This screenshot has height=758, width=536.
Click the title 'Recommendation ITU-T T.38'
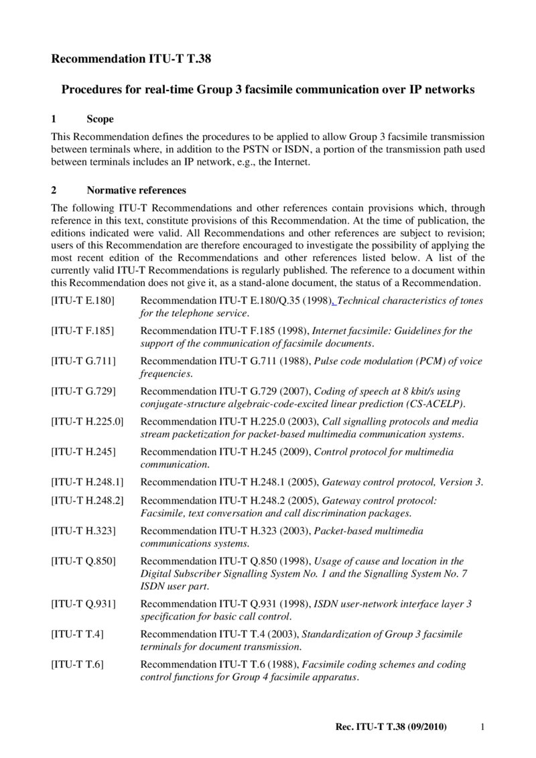tap(131, 59)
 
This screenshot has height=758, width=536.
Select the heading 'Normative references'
tap(136, 190)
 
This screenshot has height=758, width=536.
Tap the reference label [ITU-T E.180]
tap(83, 301)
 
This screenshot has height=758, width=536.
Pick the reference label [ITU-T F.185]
tap(83, 331)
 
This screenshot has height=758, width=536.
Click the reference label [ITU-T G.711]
tap(84, 361)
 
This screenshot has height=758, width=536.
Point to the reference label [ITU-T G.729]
tap(84, 391)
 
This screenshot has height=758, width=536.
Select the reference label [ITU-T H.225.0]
tap(88, 421)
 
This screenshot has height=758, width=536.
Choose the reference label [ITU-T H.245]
tap(84, 452)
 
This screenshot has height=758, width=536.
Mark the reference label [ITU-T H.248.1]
tap(88, 482)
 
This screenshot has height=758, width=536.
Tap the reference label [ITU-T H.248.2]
tap(88, 500)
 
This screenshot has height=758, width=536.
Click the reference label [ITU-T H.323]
tap(84, 530)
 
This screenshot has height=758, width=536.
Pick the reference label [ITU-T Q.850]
tap(84, 560)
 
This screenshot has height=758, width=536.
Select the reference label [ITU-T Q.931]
tap(84, 603)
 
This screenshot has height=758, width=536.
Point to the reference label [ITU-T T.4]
tap(78, 633)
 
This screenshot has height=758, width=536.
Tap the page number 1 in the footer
tap(483, 727)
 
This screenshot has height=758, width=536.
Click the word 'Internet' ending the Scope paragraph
tap(293, 163)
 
